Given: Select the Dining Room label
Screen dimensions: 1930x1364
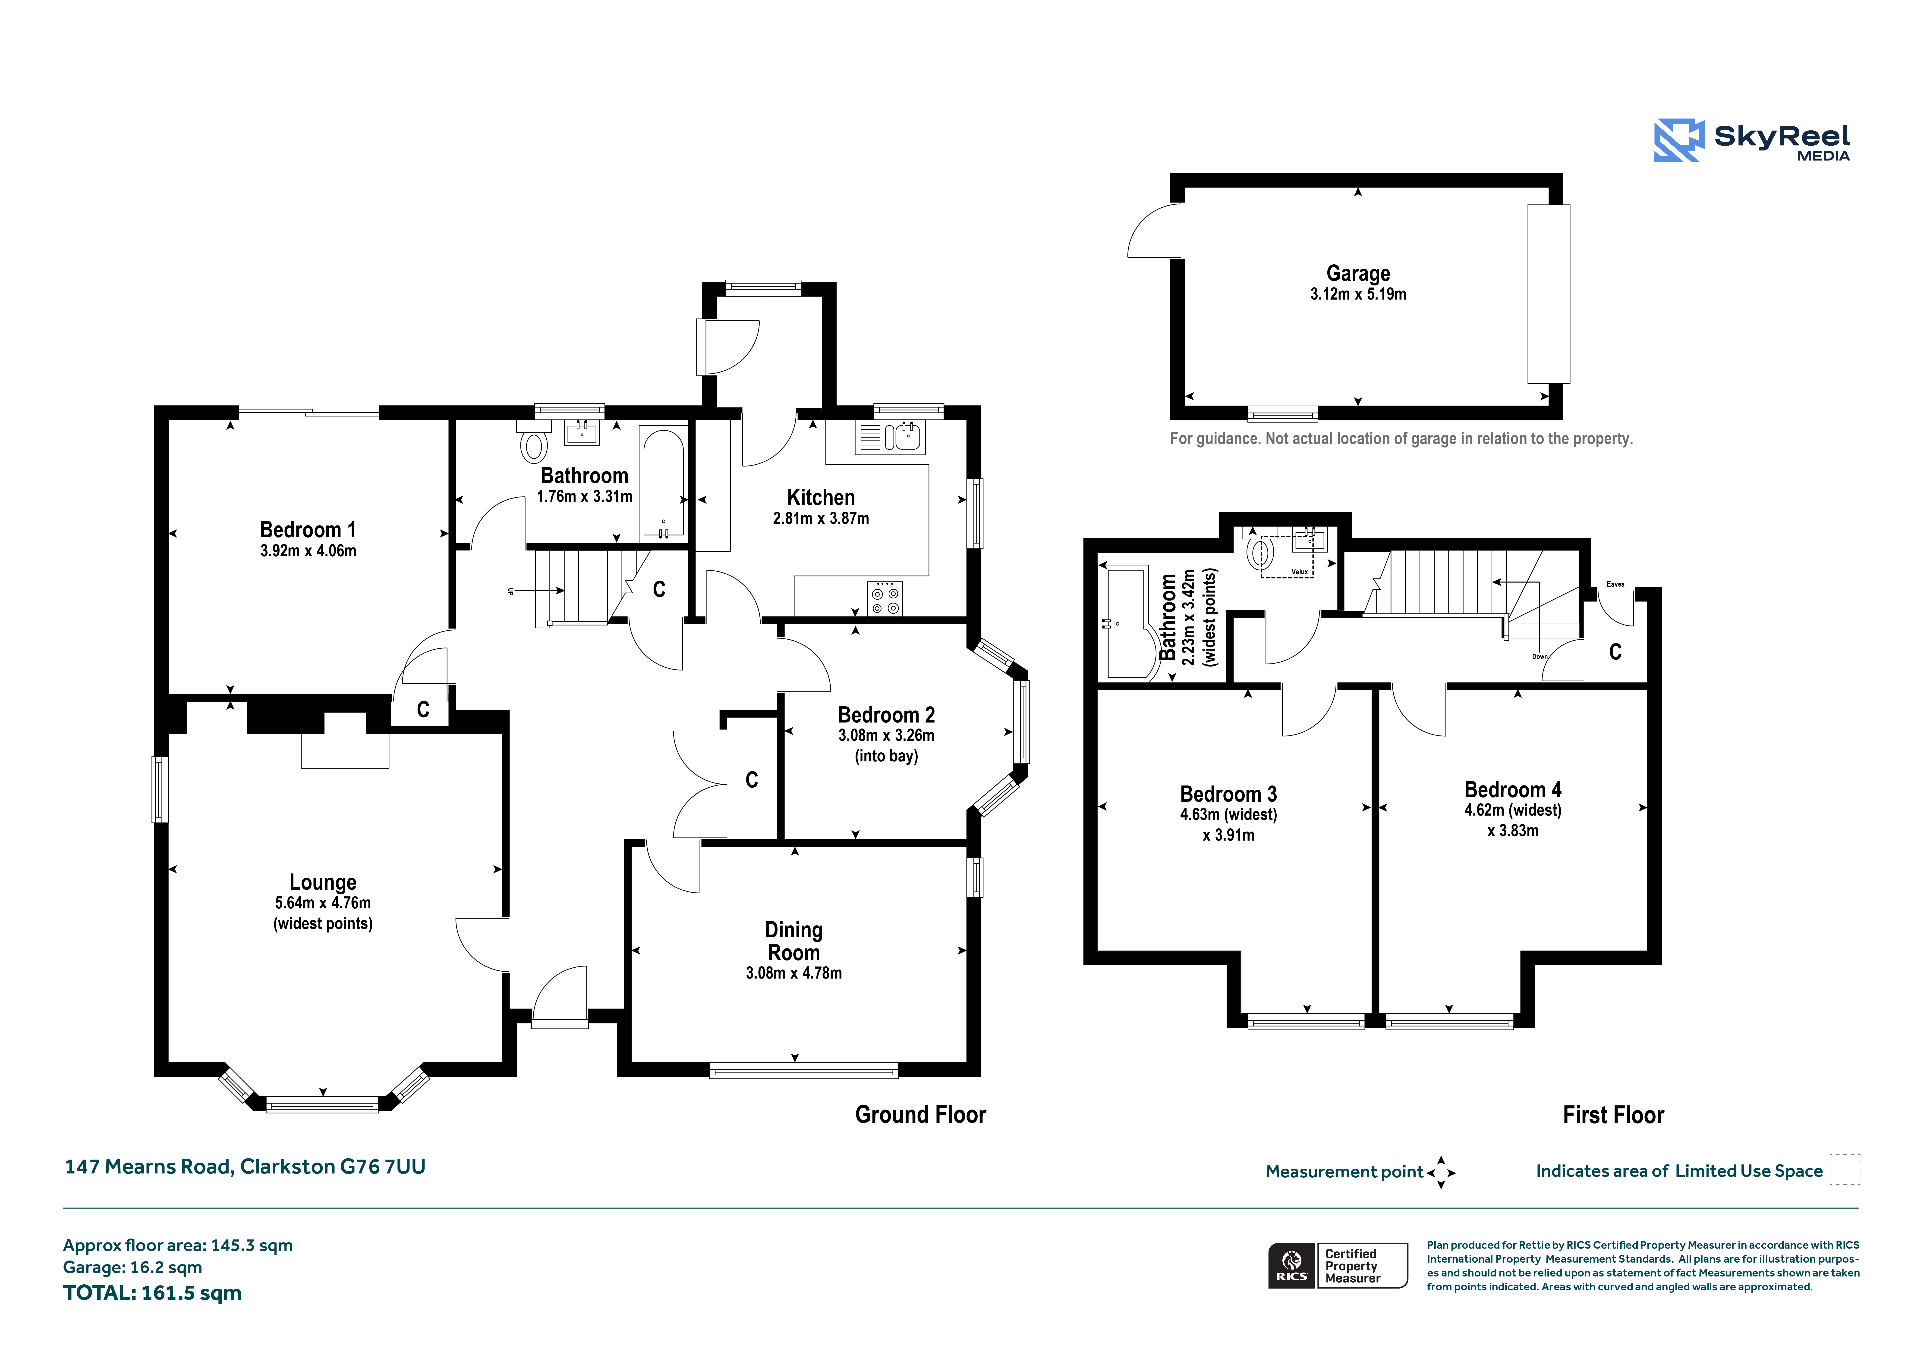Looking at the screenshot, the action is (793, 941).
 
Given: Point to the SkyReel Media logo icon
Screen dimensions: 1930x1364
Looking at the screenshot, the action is (1679, 140).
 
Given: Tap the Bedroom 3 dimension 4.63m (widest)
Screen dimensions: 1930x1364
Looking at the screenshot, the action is (1228, 814).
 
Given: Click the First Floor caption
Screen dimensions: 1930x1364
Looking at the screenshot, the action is (1613, 1115).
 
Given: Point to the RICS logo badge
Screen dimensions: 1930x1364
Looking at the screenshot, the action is (1291, 1266).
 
